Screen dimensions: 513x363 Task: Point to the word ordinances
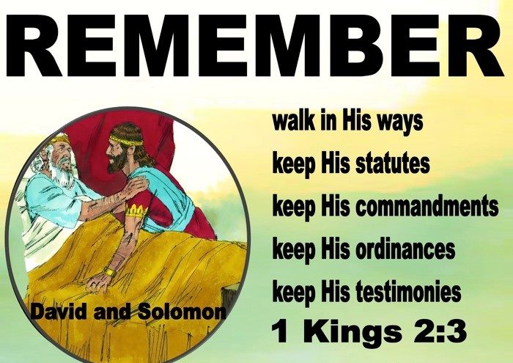(405, 249)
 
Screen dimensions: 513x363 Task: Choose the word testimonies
(408, 292)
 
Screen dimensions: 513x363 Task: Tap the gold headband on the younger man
(126, 140)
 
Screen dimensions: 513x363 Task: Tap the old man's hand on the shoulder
(135, 187)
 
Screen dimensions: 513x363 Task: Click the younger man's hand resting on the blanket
(97, 284)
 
